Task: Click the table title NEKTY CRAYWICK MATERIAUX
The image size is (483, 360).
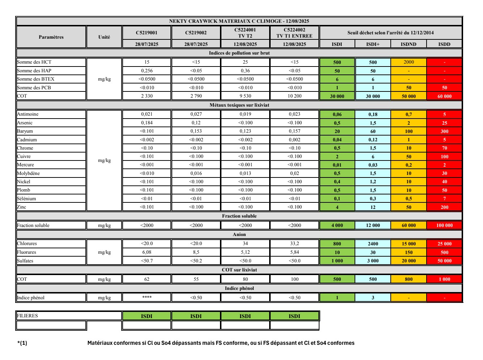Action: pos(239,21)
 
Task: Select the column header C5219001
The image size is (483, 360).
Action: pos(147,33)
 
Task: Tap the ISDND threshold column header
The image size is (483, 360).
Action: pos(408,44)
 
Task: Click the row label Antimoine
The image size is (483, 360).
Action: pos(28,114)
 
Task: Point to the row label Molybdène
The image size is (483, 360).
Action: pos(29,173)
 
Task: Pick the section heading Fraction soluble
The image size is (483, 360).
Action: pos(239,216)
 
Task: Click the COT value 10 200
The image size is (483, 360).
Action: pos(294,96)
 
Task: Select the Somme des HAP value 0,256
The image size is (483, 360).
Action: pos(147,71)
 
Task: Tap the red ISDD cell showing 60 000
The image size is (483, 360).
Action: pos(444,97)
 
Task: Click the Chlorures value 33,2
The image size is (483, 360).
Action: pos(294,244)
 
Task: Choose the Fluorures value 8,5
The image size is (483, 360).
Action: pos(196,252)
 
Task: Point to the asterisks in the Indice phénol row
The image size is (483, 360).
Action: pos(147,297)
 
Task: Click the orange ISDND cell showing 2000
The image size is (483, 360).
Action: pos(408,62)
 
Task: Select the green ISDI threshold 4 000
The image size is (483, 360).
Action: pos(337,226)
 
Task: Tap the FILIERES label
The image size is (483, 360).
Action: pos(27,316)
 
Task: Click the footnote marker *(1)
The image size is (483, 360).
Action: pos(22,343)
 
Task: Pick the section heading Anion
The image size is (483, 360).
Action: pos(239,235)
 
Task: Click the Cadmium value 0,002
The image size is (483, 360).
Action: pos(294,140)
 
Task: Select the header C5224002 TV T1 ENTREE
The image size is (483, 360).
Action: pos(294,33)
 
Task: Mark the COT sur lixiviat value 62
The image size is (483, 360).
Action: pos(147,279)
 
